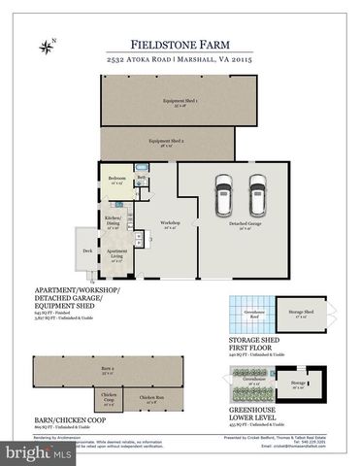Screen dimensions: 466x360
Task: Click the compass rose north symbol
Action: [46, 46]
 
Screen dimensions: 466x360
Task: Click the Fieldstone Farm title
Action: [180, 44]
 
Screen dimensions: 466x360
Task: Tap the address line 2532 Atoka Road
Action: [180, 60]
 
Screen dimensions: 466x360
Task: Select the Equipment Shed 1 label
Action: [180, 102]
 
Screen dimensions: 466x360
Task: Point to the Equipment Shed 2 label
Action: [166, 142]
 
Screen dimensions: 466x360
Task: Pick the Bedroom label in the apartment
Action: [116, 181]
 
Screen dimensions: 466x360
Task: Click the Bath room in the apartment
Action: [141, 179]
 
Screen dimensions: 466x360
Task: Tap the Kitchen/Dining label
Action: [114, 219]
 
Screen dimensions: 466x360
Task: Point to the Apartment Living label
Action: [115, 258]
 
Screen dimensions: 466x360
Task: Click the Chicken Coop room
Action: [108, 399]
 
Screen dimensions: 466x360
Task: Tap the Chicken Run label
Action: [149, 398]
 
